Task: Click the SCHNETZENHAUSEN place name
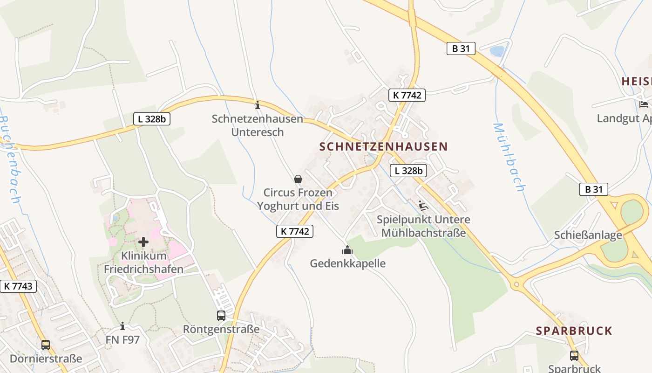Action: point(383,146)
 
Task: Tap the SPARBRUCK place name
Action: point(574,331)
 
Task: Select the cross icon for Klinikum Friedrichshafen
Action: point(143,242)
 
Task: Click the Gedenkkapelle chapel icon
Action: point(347,250)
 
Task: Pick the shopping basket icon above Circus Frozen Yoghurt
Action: point(298,179)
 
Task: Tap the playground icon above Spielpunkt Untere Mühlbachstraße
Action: point(423,206)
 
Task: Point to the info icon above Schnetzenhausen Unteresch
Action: point(257,105)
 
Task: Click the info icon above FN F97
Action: point(122,326)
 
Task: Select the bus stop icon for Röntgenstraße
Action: point(221,316)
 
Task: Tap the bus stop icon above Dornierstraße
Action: point(46,345)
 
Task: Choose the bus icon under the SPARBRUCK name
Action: point(574,355)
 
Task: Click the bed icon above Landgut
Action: point(644,104)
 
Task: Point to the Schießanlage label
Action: point(588,235)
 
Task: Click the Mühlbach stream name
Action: point(509,157)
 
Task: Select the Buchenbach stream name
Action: point(9,159)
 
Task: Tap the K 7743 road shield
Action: point(18,286)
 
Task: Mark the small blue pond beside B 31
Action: point(496,51)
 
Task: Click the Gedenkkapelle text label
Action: point(348,263)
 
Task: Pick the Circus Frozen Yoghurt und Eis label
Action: point(298,199)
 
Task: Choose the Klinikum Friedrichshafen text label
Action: point(143,262)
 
